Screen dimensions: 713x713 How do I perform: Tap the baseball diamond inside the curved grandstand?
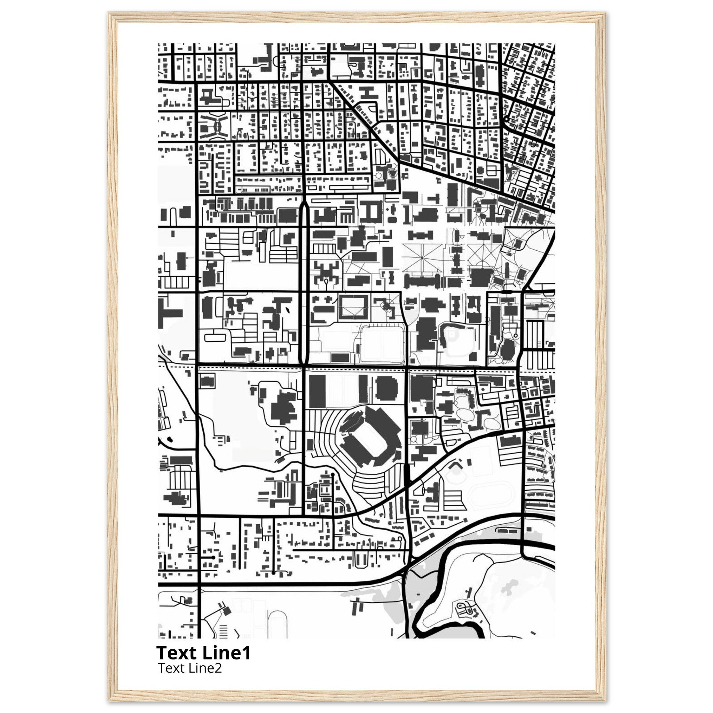pos(456,340)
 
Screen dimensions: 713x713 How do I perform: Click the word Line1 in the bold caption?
pos(227,653)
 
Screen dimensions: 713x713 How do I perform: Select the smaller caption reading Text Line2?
pos(190,668)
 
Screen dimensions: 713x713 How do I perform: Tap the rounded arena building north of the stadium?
pos(386,389)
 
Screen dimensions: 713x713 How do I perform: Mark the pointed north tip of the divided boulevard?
pos(303,203)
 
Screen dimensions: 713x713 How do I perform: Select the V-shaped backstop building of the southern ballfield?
pos(456,463)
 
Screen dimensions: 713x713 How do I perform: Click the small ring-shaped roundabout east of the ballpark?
pos(516,335)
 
